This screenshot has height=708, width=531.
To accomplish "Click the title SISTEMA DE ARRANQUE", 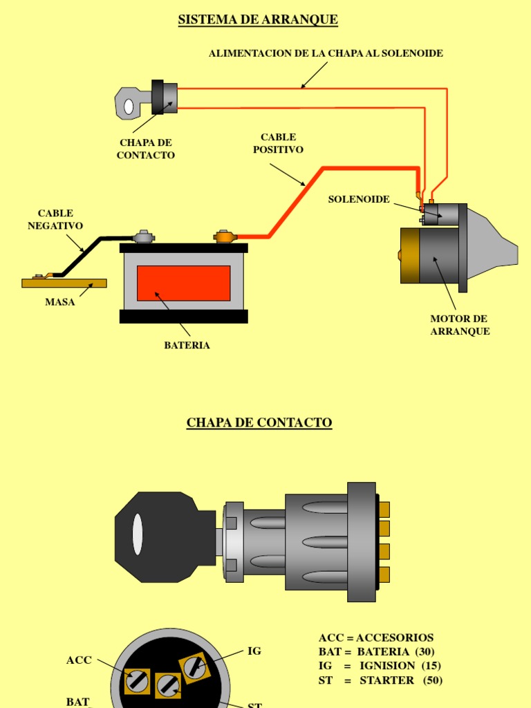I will tap(258, 19).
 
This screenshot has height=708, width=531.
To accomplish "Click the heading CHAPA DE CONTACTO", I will tap(259, 422).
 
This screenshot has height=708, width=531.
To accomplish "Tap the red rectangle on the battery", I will tap(183, 283).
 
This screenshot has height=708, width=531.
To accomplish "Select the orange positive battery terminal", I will tap(225, 237).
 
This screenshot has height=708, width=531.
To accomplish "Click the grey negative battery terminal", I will tap(144, 237).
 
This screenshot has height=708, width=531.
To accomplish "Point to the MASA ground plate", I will tap(64, 283).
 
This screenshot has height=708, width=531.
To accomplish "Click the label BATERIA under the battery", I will tap(187, 345).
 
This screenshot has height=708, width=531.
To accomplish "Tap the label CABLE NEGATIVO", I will tap(55, 219).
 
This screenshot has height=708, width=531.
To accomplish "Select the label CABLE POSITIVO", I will tap(278, 143).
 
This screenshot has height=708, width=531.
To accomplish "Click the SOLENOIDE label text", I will tap(359, 199).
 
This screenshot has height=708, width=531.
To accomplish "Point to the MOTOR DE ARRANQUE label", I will tap(460, 325).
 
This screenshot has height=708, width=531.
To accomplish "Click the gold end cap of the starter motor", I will tap(410, 255).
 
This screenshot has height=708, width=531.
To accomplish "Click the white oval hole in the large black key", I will tap(138, 534).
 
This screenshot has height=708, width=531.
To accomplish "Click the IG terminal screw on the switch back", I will tap(195, 667).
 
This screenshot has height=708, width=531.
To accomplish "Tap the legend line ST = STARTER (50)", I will tap(380, 680).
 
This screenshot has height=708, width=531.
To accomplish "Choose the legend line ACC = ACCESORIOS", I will tap(376, 637).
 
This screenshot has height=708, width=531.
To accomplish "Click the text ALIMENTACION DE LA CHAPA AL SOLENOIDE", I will tap(326, 53).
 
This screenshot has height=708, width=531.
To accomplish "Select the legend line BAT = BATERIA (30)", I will tap(377, 651).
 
